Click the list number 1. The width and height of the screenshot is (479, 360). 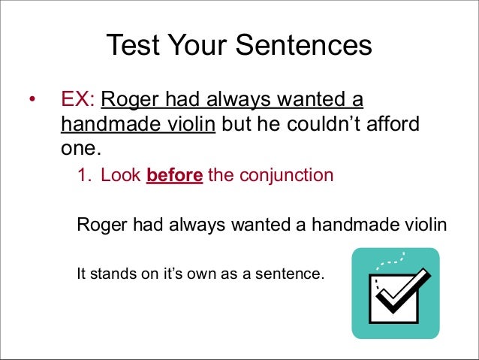83,177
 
